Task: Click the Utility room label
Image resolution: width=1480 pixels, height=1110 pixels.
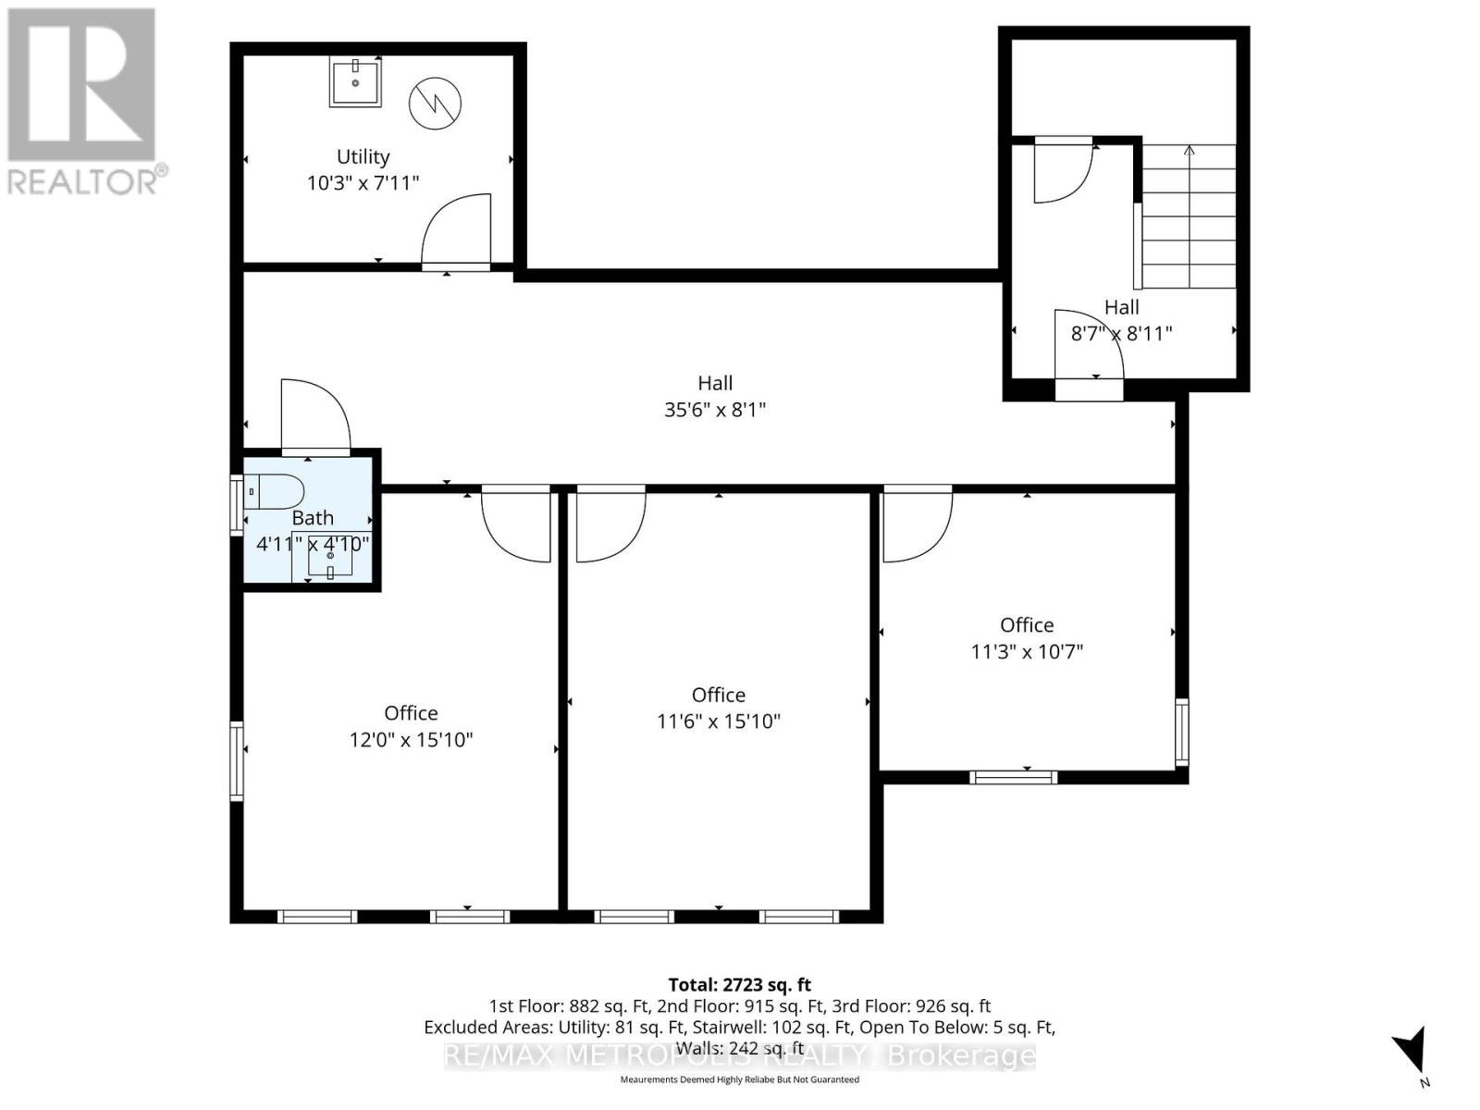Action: click(x=363, y=156)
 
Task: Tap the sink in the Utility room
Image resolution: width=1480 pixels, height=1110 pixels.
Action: click(x=355, y=81)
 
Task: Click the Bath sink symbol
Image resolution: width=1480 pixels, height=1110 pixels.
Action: click(x=330, y=559)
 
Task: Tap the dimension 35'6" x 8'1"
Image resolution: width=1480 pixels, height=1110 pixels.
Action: click(x=715, y=409)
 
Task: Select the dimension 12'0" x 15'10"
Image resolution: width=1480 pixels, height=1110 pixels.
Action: click(x=411, y=739)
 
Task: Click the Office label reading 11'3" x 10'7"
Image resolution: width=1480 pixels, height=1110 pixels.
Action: click(x=1027, y=625)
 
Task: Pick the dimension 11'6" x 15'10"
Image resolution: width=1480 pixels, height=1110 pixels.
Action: click(x=719, y=721)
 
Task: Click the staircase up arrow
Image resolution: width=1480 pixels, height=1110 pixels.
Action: click(x=1190, y=151)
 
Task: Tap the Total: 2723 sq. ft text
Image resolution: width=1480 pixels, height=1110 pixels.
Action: click(x=739, y=985)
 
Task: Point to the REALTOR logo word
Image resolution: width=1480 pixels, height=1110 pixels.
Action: click(x=83, y=180)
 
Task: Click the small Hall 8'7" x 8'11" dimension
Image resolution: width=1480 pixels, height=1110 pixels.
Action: click(x=1121, y=333)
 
